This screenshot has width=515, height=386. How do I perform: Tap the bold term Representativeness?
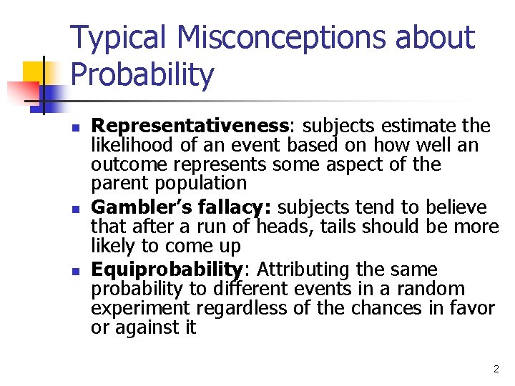[x=191, y=127]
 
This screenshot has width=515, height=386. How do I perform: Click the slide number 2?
[x=496, y=370]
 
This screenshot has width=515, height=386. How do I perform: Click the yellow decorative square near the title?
[x=36, y=74]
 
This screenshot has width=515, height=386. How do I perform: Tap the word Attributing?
[x=303, y=269]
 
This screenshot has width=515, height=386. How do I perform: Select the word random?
[x=434, y=289]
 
